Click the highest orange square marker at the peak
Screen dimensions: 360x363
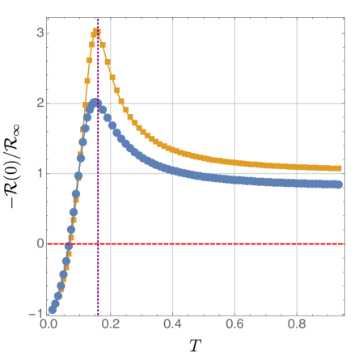point(97,32)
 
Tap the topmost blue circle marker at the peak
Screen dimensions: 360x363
point(95,102)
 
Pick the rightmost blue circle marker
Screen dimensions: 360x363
point(338,185)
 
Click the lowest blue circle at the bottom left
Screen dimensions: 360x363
point(52,310)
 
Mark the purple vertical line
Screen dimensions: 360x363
point(98,202)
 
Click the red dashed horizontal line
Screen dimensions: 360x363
point(243,244)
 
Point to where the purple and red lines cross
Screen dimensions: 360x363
point(98,244)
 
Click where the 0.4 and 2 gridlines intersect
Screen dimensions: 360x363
point(173,104)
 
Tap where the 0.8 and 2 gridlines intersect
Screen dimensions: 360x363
point(298,104)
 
